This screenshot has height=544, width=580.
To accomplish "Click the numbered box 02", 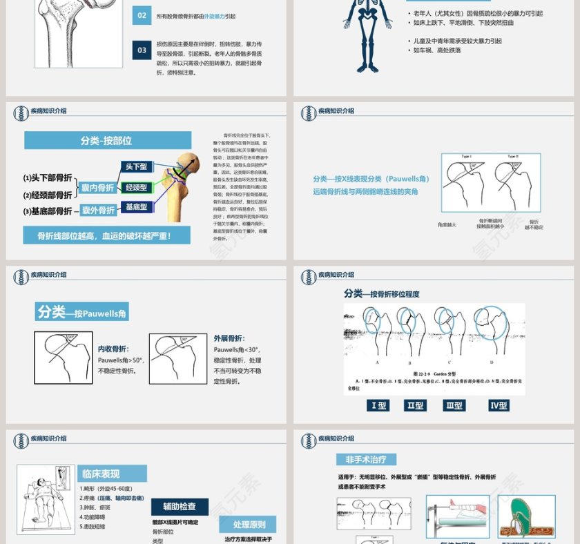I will click(x=142, y=16).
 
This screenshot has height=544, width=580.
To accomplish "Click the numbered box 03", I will click(x=142, y=50).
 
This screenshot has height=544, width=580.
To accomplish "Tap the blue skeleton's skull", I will click(x=363, y=5).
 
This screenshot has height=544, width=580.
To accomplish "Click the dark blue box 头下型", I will click(x=136, y=166).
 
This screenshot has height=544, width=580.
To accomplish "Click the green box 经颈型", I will click(x=136, y=187).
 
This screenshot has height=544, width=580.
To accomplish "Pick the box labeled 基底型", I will click(x=136, y=206).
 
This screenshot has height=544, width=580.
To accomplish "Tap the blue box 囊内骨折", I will click(x=97, y=188).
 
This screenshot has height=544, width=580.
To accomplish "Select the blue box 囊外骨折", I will click(x=97, y=211).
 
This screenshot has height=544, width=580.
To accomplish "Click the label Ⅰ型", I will click(x=378, y=405).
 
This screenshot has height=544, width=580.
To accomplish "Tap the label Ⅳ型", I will click(x=499, y=405).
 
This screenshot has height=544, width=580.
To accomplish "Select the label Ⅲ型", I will click(x=454, y=405).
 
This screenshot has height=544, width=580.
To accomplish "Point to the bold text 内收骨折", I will click(x=113, y=349).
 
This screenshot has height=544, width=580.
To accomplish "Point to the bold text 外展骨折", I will click(x=228, y=338).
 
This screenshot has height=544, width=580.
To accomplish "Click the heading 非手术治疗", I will click(x=366, y=459).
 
